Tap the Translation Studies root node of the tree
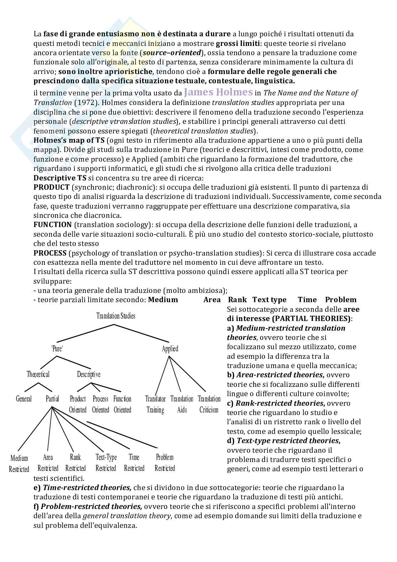(x=116, y=316)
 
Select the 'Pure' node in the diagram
(x=57, y=349)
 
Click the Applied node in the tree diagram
(x=170, y=349)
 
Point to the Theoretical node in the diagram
(x=38, y=374)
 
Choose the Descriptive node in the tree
(x=89, y=374)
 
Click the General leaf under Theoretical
(x=24, y=399)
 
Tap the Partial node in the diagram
(x=52, y=399)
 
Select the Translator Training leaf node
(x=155, y=404)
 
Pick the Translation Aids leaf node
(x=182, y=404)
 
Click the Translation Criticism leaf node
(x=209, y=404)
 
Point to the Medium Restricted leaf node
(x=19, y=463)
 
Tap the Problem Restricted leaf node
(x=165, y=462)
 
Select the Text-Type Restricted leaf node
(x=106, y=462)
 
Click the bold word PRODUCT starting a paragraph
(x=52, y=187)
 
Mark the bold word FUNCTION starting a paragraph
(x=53, y=225)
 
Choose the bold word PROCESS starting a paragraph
(x=50, y=253)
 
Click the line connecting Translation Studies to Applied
(x=142, y=334)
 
